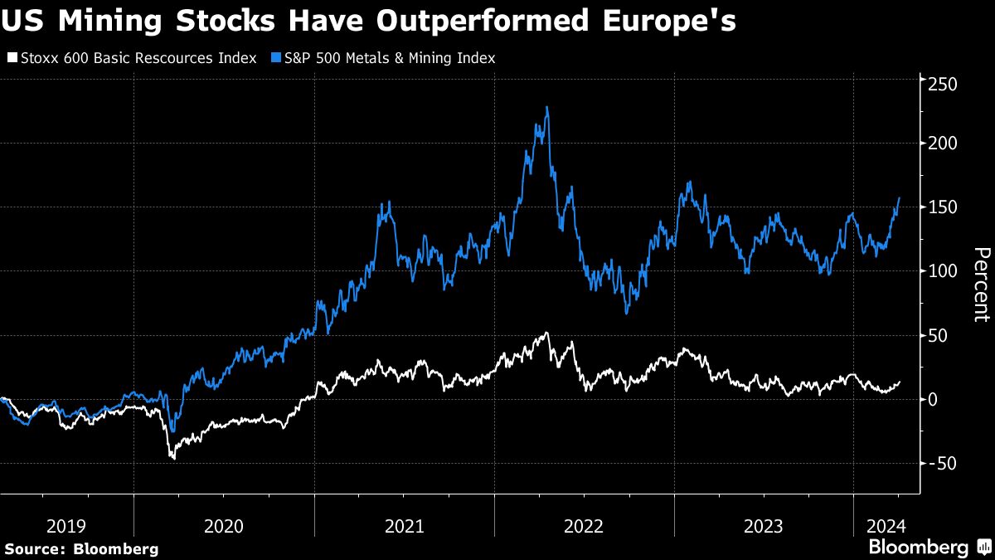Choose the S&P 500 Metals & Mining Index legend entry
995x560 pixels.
(386, 58)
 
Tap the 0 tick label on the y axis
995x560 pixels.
(934, 399)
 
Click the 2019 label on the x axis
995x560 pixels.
(67, 525)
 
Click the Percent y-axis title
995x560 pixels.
(981, 285)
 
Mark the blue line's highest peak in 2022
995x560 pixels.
(546, 107)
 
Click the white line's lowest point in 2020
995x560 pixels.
(173, 458)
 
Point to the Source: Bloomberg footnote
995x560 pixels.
(81, 548)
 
